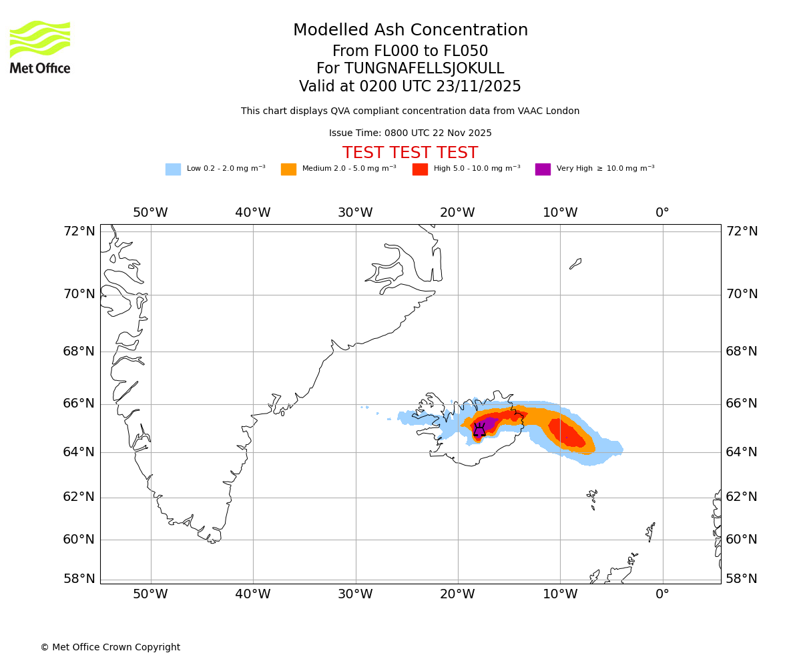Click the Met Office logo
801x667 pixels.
tap(40, 47)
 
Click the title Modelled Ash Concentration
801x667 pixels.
tap(410, 31)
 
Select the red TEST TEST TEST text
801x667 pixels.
tap(410, 153)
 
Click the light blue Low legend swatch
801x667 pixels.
tap(173, 169)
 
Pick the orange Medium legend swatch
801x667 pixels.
tap(288, 169)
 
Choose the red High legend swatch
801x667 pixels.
tap(420, 169)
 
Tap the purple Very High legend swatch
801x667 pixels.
tap(543, 169)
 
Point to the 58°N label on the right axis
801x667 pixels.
tap(742, 578)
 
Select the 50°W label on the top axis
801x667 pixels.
tap(150, 213)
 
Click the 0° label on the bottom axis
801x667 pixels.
tap(662, 594)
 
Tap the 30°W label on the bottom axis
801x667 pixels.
tap(355, 594)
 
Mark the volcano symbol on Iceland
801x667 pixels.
tap(479, 430)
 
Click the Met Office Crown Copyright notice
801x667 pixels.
tap(110, 647)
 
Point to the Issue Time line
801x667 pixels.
tap(410, 133)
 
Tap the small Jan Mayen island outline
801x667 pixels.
tap(575, 263)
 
